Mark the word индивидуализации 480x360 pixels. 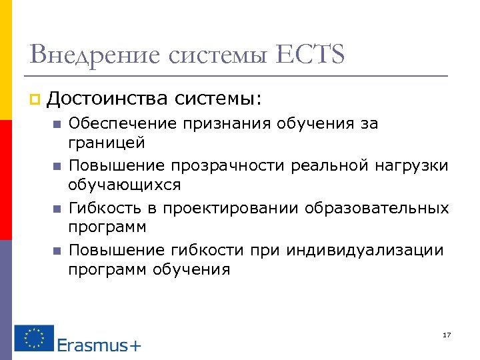pos(364,250)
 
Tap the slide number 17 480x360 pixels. pos(447,334)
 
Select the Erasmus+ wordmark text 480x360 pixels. pos(99,345)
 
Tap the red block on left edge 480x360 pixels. pos(5,180)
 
